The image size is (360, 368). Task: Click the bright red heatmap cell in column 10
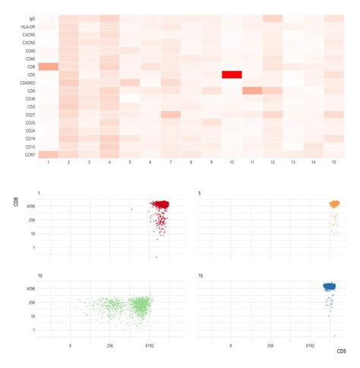(x=232, y=74)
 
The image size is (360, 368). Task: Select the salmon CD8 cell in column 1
(x=49, y=67)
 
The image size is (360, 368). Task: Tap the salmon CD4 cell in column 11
(x=252, y=91)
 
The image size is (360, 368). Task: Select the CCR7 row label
(x=30, y=155)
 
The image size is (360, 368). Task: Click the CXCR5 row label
(x=29, y=35)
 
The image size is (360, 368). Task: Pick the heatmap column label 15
(x=334, y=163)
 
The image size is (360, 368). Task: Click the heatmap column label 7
(x=171, y=163)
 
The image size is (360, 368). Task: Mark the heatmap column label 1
(x=49, y=163)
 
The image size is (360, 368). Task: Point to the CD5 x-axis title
(x=341, y=351)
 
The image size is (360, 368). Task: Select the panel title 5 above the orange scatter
(x=198, y=193)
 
